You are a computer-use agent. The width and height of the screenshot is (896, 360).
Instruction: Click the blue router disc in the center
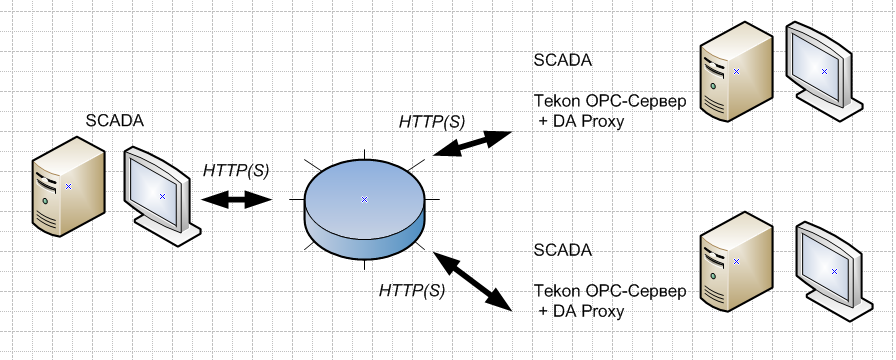pos(365,209)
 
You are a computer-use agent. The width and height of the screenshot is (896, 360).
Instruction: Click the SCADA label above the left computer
pos(115,121)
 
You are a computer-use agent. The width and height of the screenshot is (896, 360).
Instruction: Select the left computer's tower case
pos(68,186)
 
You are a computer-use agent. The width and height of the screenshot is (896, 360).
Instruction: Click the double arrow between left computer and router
pos(236,199)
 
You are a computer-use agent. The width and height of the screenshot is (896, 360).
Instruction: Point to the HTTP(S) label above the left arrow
pos(236,171)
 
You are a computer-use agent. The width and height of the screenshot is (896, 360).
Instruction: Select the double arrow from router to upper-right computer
pos(471,143)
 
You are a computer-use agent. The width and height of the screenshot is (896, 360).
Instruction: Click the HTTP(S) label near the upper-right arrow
pos(432,122)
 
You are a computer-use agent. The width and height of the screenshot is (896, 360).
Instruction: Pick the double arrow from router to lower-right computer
pos(472,281)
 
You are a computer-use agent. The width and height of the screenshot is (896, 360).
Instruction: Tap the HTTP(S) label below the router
pos(412,290)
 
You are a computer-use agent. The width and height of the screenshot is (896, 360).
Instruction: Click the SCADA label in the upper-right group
pos(563,60)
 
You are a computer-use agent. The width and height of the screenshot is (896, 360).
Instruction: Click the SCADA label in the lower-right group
pos(563,250)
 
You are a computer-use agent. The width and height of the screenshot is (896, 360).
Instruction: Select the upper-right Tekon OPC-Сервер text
pos(610,101)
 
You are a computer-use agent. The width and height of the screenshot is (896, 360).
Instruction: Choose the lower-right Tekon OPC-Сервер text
pos(610,291)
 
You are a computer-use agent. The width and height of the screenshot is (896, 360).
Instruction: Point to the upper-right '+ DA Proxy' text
pos(581,122)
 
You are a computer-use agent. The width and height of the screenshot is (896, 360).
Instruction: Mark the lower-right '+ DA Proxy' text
pos(581,311)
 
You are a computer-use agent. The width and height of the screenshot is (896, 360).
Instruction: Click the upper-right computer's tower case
pos(737,71)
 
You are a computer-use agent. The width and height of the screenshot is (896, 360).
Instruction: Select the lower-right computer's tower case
pos(737,262)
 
